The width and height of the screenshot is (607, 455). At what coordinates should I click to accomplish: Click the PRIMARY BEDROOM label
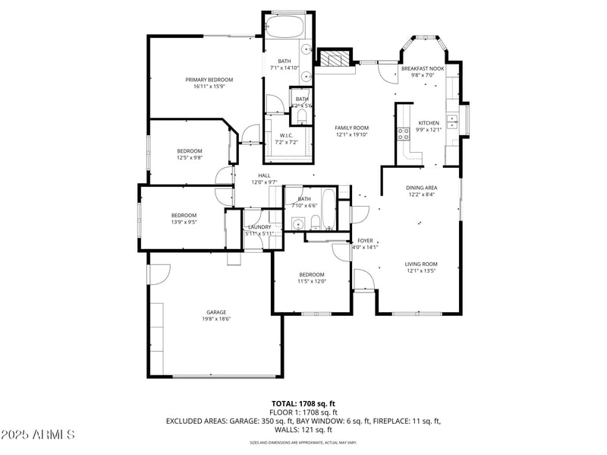click(x=209, y=80)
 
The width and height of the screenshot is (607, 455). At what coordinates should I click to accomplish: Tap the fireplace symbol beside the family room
click(x=335, y=58)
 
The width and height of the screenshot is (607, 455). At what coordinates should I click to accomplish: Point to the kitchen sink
click(x=451, y=118)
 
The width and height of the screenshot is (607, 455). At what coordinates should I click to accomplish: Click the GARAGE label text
click(x=216, y=312)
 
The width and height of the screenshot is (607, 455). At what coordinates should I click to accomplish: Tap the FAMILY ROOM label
click(x=351, y=128)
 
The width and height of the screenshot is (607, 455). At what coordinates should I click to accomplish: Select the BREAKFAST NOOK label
click(x=422, y=68)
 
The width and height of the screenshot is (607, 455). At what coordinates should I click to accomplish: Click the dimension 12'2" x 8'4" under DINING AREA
click(x=421, y=194)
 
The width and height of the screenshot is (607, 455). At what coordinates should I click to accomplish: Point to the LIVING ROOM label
click(x=421, y=264)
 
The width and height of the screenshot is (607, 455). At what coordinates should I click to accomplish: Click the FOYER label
click(x=365, y=240)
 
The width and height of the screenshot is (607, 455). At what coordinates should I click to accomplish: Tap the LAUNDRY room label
click(x=260, y=227)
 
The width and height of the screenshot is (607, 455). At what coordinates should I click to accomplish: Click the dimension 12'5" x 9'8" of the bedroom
click(x=190, y=158)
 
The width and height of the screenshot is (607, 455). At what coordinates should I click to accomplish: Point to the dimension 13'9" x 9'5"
click(x=184, y=223)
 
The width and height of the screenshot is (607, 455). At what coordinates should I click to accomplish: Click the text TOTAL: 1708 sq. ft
click(x=303, y=403)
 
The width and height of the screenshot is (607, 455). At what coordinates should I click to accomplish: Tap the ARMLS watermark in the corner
click(x=38, y=435)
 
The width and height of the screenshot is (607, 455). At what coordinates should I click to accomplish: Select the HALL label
click(x=264, y=175)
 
